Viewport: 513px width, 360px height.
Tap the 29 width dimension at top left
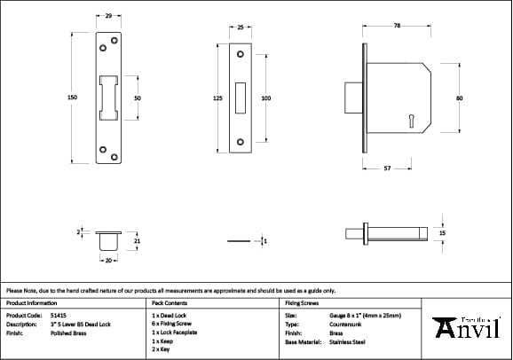(x=108, y=17)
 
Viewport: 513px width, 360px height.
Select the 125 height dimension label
(x=217, y=98)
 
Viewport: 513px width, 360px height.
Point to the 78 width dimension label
(x=396, y=27)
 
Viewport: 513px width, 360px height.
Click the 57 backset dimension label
(x=387, y=168)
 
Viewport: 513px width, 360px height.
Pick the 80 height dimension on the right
(x=459, y=98)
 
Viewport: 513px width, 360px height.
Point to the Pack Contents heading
(x=169, y=302)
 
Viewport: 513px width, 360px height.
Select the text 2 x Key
(x=161, y=348)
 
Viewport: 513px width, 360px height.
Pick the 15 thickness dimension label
(x=443, y=232)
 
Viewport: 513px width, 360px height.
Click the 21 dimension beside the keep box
(x=137, y=240)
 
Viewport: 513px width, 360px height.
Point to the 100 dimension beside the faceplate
(x=265, y=98)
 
